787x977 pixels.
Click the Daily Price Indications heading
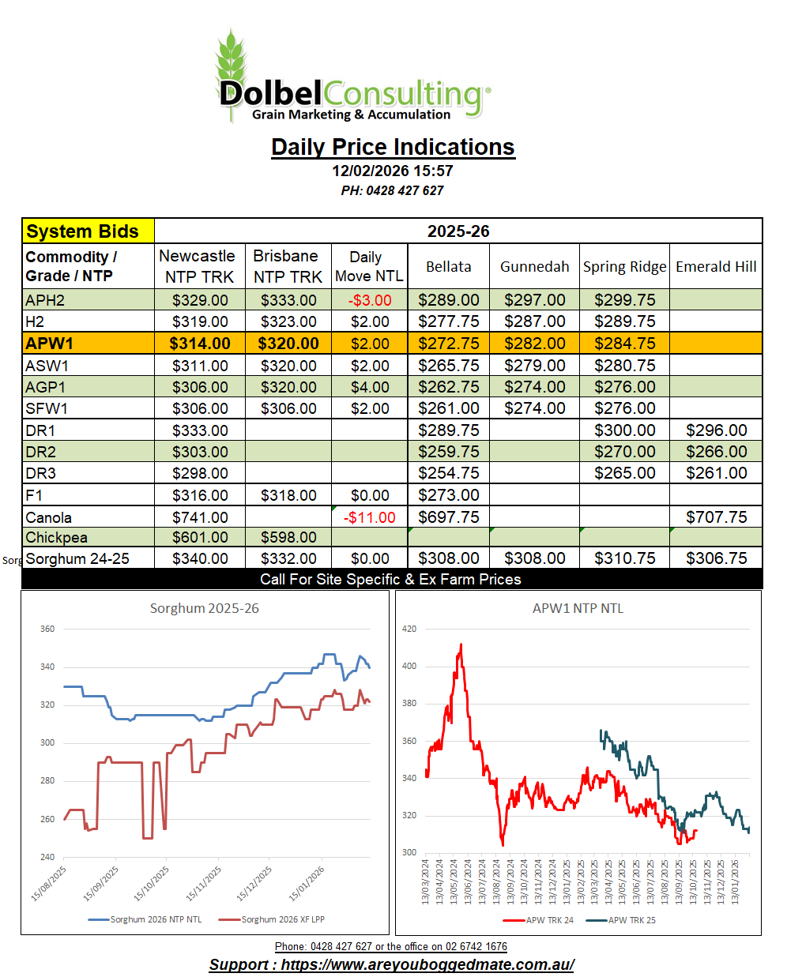pos(393,147)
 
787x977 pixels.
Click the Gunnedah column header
pos(534,267)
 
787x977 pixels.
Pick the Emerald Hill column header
pos(716,267)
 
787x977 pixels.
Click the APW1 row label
pos(50,344)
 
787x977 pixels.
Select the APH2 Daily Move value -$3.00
pos(370,300)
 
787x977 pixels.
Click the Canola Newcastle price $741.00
pos(200,517)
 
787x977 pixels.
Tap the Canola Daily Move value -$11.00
pos(370,517)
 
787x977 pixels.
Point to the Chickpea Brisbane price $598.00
pos(288,537)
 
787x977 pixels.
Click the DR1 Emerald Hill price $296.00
pos(716,430)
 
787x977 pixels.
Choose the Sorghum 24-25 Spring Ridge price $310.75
pos(624,558)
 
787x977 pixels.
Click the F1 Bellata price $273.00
pos(448,495)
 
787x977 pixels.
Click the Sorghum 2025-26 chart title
pos(205,608)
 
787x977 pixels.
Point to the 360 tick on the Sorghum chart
pos(47,629)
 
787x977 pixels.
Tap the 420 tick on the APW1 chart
pos(409,629)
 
